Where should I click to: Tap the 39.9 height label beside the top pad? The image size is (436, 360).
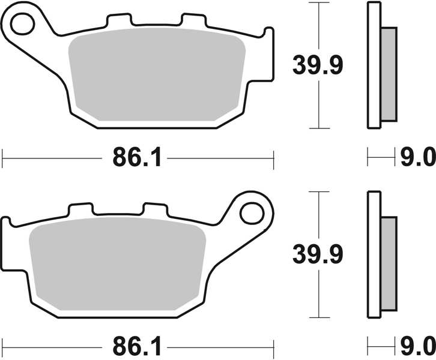pos(317,65)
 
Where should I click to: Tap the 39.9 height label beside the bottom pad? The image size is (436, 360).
pos(317,254)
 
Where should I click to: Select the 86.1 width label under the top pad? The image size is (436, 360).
pos(137,158)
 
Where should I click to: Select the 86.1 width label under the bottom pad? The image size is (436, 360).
pos(137,346)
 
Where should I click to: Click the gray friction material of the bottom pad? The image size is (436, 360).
pos(117,264)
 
